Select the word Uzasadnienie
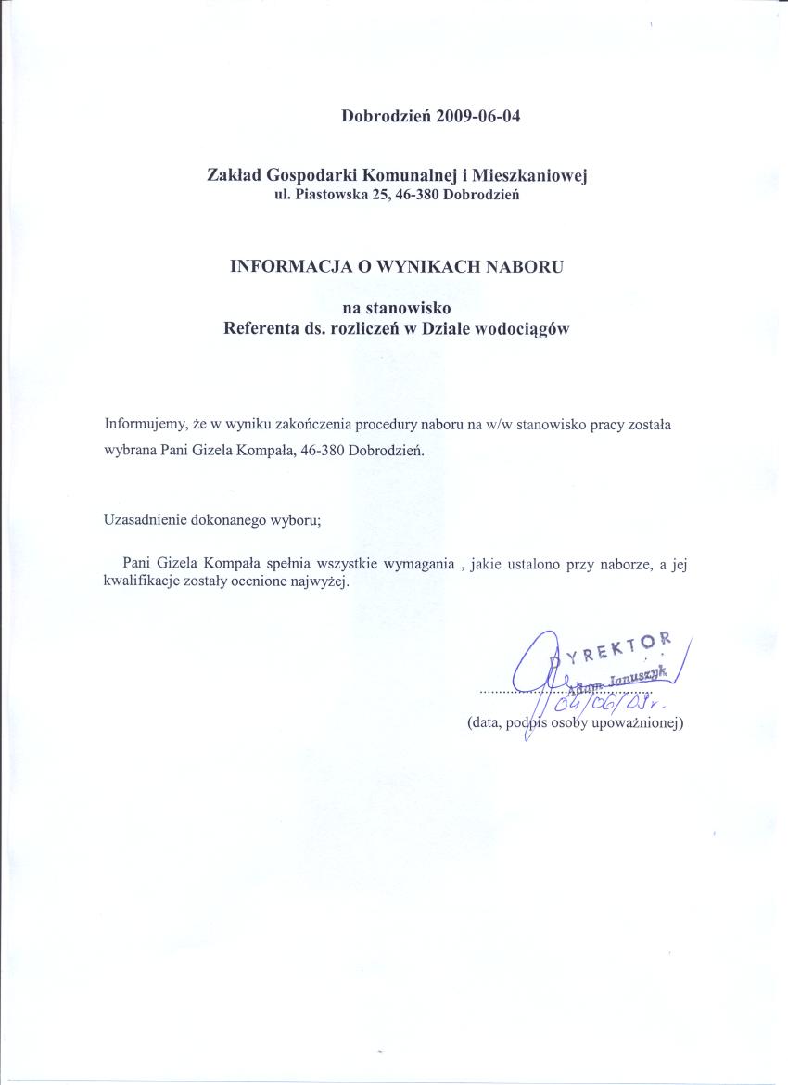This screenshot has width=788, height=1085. point(145,519)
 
